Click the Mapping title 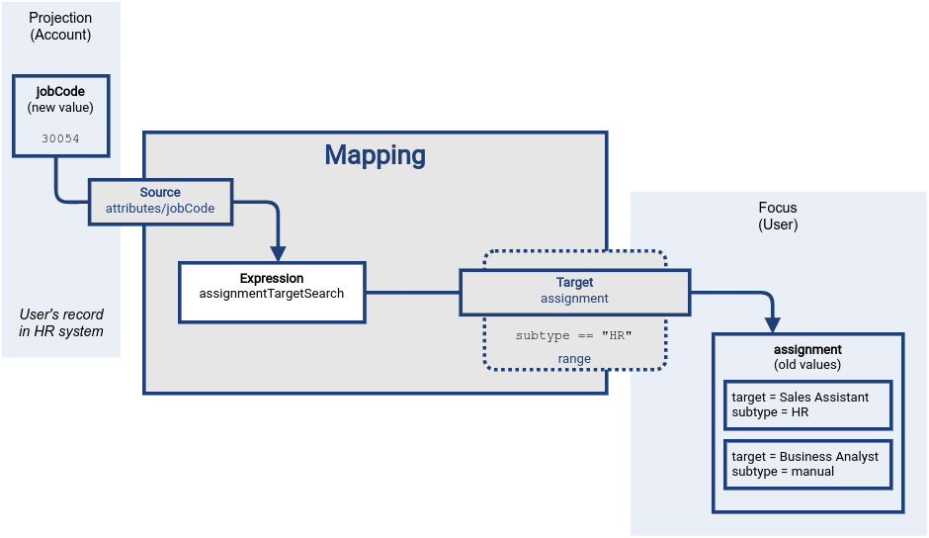click(375, 155)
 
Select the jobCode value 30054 click(60, 139)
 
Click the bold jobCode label click(60, 92)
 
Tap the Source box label click(160, 193)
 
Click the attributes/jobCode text click(160, 209)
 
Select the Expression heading click(272, 279)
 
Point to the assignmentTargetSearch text click(272, 294)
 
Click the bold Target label click(574, 283)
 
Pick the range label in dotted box click(574, 358)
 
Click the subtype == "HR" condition click(574, 335)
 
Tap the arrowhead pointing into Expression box click(278, 251)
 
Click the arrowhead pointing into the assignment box click(773, 323)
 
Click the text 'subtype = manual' click(783, 472)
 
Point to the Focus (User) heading click(778, 217)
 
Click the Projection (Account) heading click(60, 26)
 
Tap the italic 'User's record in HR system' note click(60, 322)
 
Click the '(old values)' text click(807, 364)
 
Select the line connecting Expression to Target click(412, 292)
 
